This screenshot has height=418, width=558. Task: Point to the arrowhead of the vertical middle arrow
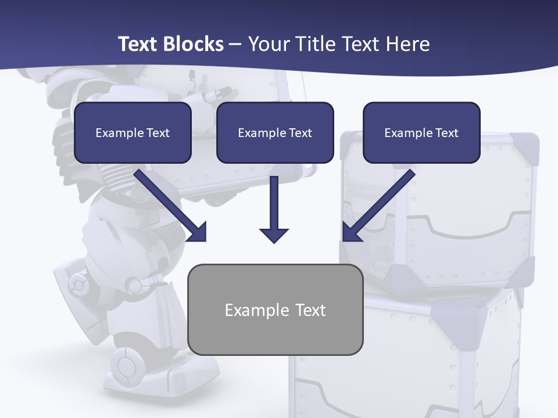coord(274,235)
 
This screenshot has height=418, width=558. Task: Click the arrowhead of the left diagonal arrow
coord(198,232)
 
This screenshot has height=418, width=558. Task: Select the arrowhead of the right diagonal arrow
coord(350,232)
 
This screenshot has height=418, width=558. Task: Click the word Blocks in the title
coord(193,44)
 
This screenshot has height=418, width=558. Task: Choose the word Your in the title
coord(267,44)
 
